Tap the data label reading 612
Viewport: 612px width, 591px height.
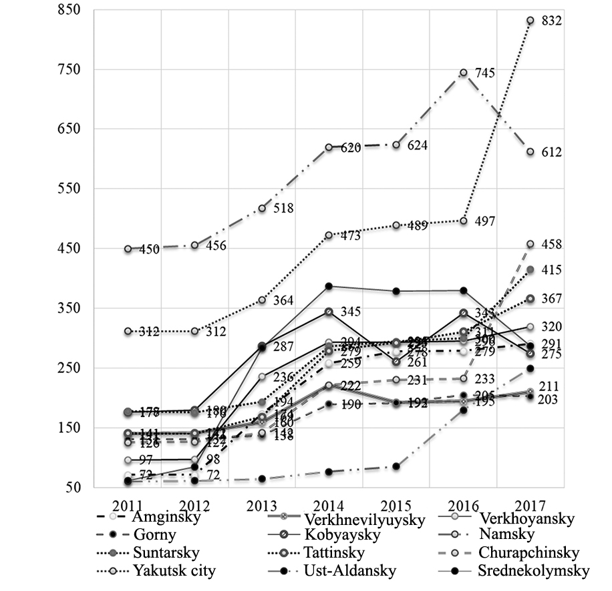(552, 153)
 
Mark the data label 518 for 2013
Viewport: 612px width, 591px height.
(285, 208)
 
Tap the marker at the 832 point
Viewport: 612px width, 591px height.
(530, 21)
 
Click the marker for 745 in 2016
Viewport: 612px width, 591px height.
(463, 73)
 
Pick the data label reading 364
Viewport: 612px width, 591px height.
(285, 300)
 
